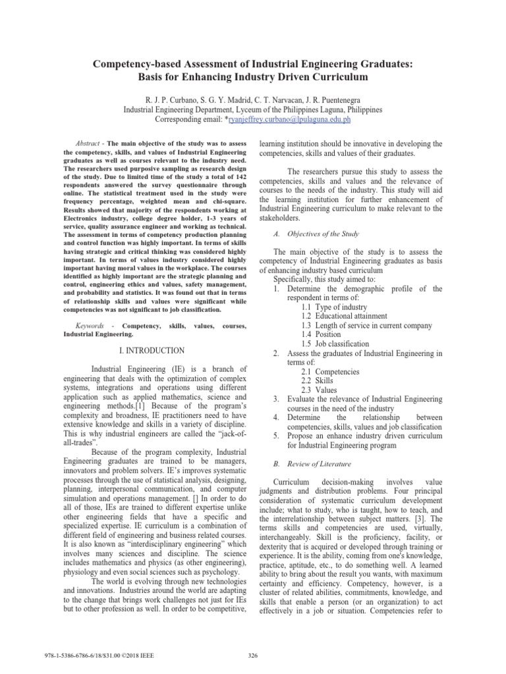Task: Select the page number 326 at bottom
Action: point(252,655)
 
